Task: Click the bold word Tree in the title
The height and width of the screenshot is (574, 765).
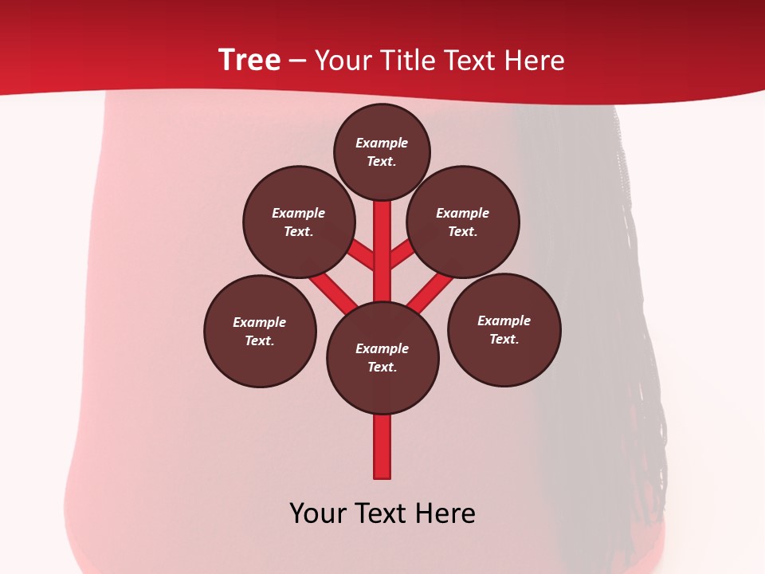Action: pyautogui.click(x=249, y=61)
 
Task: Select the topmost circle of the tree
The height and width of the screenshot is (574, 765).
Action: pyautogui.click(x=382, y=151)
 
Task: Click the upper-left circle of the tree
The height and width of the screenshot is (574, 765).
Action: pyautogui.click(x=299, y=222)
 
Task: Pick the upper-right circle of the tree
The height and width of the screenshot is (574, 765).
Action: pyautogui.click(x=463, y=222)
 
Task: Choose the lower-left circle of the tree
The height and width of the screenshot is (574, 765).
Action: pyautogui.click(x=260, y=331)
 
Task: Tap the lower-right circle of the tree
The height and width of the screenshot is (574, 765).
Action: pyautogui.click(x=504, y=329)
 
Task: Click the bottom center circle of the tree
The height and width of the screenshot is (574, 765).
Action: pyautogui.click(x=382, y=357)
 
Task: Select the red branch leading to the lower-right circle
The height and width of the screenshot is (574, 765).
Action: pyautogui.click(x=431, y=291)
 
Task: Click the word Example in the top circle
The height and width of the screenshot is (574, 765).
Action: pyautogui.click(x=382, y=143)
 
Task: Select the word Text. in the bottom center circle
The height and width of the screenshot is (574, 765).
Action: pyautogui.click(x=382, y=367)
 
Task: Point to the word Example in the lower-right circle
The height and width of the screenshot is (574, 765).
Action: pyautogui.click(x=504, y=320)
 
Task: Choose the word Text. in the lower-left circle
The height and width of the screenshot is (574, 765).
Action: pyautogui.click(x=260, y=340)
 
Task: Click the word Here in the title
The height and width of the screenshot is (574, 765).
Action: pyautogui.click(x=534, y=61)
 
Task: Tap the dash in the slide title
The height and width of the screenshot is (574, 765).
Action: pyautogui.click(x=297, y=61)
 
